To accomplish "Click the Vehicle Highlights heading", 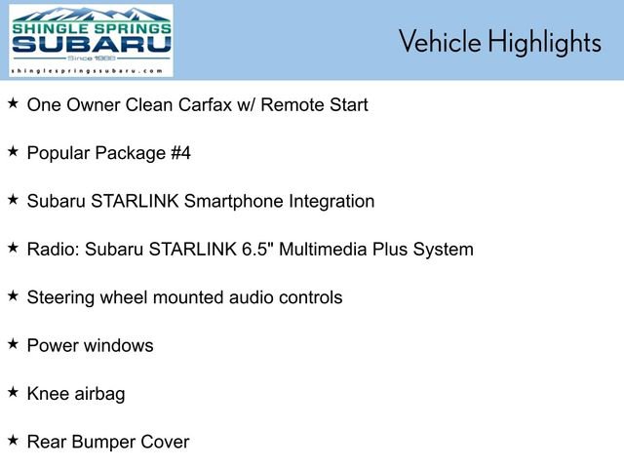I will (499, 42).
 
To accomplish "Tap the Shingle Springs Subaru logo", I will (91, 37).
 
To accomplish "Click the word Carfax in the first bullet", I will (246, 104).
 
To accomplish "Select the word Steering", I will (60, 297).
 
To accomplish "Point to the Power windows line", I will (90, 345).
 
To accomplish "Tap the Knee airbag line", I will (76, 394).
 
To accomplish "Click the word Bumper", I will (108, 442).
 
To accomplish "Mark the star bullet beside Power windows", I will (13, 343).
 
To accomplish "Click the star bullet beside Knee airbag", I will (13, 392).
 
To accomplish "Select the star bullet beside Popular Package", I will (13, 150).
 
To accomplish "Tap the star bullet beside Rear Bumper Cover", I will (13, 440).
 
